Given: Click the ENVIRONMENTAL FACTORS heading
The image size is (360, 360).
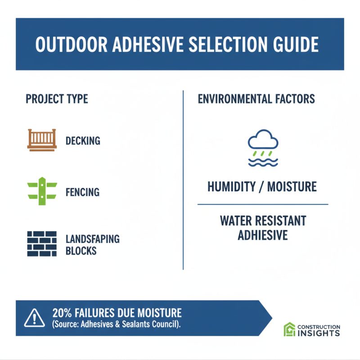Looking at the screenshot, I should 256,99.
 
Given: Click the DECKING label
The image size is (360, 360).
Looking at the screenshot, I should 83,141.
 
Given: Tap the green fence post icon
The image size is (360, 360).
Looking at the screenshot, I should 42,190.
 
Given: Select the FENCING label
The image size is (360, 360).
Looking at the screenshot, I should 82,192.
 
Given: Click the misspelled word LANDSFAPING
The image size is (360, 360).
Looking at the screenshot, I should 92,239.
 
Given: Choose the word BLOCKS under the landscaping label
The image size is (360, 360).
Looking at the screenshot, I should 81,250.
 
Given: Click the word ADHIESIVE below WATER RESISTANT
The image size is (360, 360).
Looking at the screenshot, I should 263,235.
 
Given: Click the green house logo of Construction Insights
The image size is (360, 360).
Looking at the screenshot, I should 289,330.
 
